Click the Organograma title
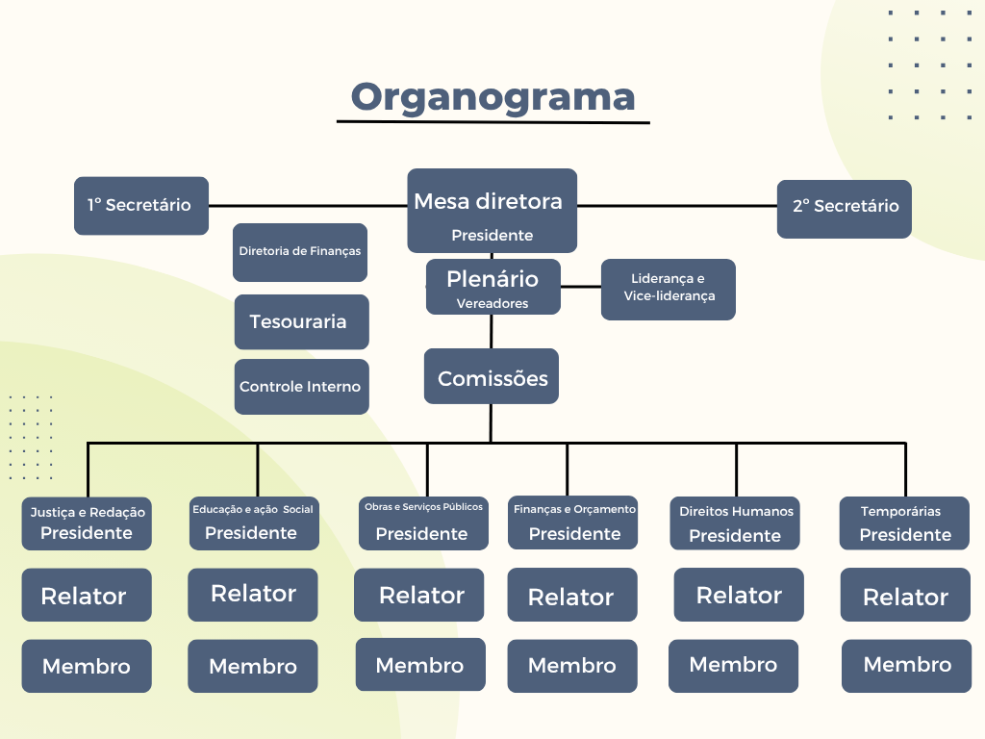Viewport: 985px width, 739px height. pyautogui.click(x=492, y=97)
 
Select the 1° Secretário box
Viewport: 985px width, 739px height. pyautogui.click(x=141, y=205)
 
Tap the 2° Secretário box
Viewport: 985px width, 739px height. pyautogui.click(x=845, y=208)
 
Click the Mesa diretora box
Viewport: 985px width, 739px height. pyautogui.click(x=492, y=211)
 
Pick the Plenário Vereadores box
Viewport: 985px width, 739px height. pyautogui.click(x=492, y=287)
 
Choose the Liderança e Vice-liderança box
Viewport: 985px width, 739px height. pyautogui.click(x=669, y=289)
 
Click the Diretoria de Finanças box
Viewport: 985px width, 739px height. pyautogui.click(x=300, y=252)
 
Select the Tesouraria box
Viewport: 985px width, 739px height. pyautogui.click(x=301, y=321)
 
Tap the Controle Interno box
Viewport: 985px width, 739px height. pyautogui.click(x=301, y=387)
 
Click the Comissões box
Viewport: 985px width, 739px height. pyautogui.click(x=492, y=376)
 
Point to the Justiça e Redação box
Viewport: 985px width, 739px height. pyautogui.click(x=87, y=523)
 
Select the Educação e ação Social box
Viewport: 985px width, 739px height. pyautogui.click(x=253, y=523)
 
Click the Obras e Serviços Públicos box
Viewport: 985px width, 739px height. pyautogui.click(x=423, y=523)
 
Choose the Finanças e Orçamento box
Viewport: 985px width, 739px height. pyautogui.click(x=573, y=523)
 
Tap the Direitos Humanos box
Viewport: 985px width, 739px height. pyautogui.click(x=736, y=524)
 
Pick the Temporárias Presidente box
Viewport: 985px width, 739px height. pyautogui.click(x=904, y=524)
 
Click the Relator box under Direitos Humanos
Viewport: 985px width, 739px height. pyautogui.click(x=738, y=596)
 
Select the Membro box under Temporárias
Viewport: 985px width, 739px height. pyautogui.click(x=906, y=665)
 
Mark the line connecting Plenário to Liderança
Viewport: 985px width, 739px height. pyautogui.click(x=581, y=287)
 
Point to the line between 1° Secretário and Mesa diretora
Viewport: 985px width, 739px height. pyautogui.click(x=308, y=205)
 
